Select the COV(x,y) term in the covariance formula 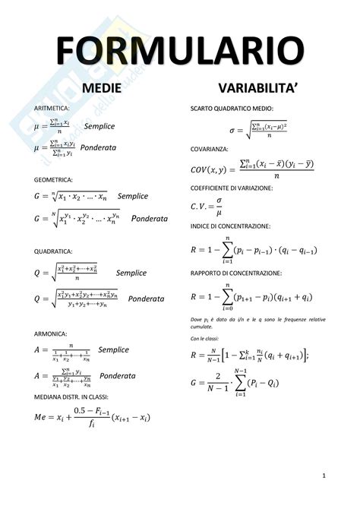point(210,169)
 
